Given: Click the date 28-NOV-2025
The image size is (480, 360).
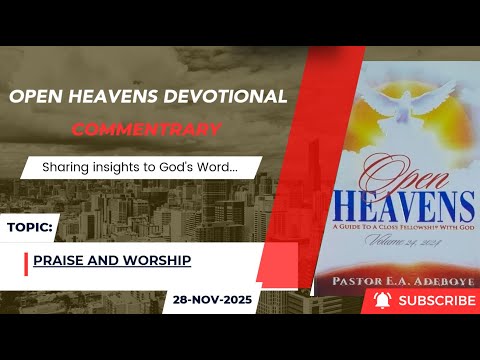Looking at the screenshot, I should tap(213, 299).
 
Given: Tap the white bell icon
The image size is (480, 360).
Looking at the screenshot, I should tap(382, 300).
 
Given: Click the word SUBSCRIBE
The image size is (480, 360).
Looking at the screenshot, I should tap(436, 300).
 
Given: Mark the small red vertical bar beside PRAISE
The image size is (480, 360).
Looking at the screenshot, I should tap(25, 263).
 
